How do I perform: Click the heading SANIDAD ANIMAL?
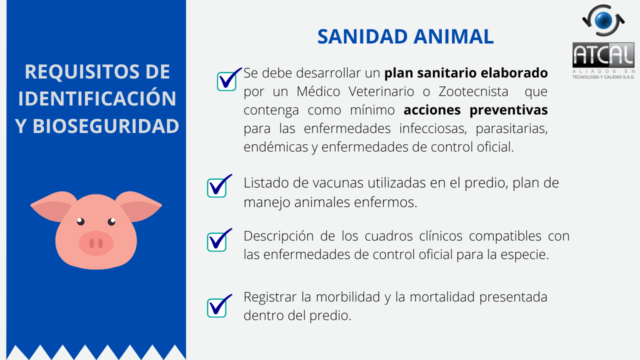pyautogui.click(x=405, y=37)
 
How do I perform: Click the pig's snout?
pyautogui.click(x=96, y=243)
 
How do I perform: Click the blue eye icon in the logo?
pyautogui.click(x=603, y=20)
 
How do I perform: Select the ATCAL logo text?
pyautogui.click(x=603, y=55)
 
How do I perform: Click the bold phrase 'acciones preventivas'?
pyautogui.click(x=475, y=110)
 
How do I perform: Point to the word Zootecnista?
pyautogui.click(x=473, y=91)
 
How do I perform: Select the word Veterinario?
pyautogui.click(x=381, y=91)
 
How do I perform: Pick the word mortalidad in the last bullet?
pyautogui.click(x=442, y=297)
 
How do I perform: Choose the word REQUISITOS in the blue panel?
pyautogui.click(x=97, y=71)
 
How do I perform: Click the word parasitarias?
pyautogui.click(x=511, y=128)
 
